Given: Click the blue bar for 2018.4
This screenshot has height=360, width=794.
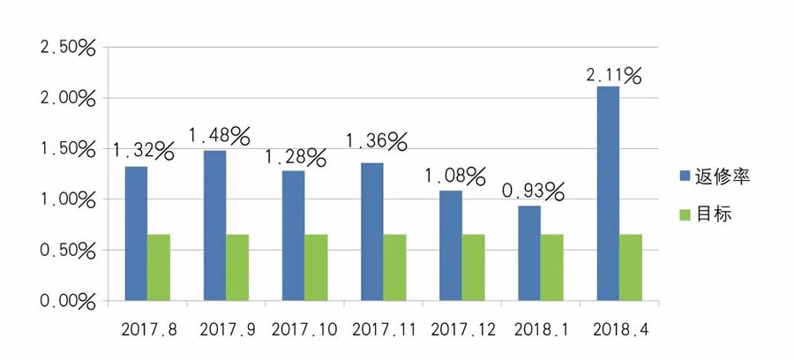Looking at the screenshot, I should tap(608, 194).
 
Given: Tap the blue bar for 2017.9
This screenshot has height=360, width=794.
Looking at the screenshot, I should tap(214, 226).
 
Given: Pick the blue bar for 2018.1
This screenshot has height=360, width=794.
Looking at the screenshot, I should tap(528, 253).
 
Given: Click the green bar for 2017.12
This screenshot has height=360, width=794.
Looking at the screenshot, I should tap(473, 267).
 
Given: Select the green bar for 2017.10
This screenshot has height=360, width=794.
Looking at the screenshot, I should tap(316, 267).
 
